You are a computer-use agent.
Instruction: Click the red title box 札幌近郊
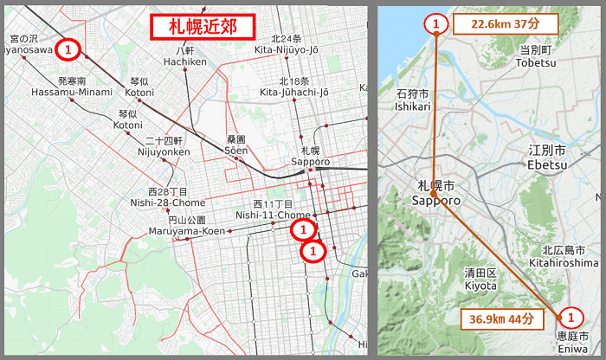203,27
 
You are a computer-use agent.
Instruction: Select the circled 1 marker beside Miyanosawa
68,47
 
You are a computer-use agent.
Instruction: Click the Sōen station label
236,145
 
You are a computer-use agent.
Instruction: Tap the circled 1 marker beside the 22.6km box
436,24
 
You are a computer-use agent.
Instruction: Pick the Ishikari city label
413,100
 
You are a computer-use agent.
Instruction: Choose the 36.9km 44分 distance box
502,318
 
